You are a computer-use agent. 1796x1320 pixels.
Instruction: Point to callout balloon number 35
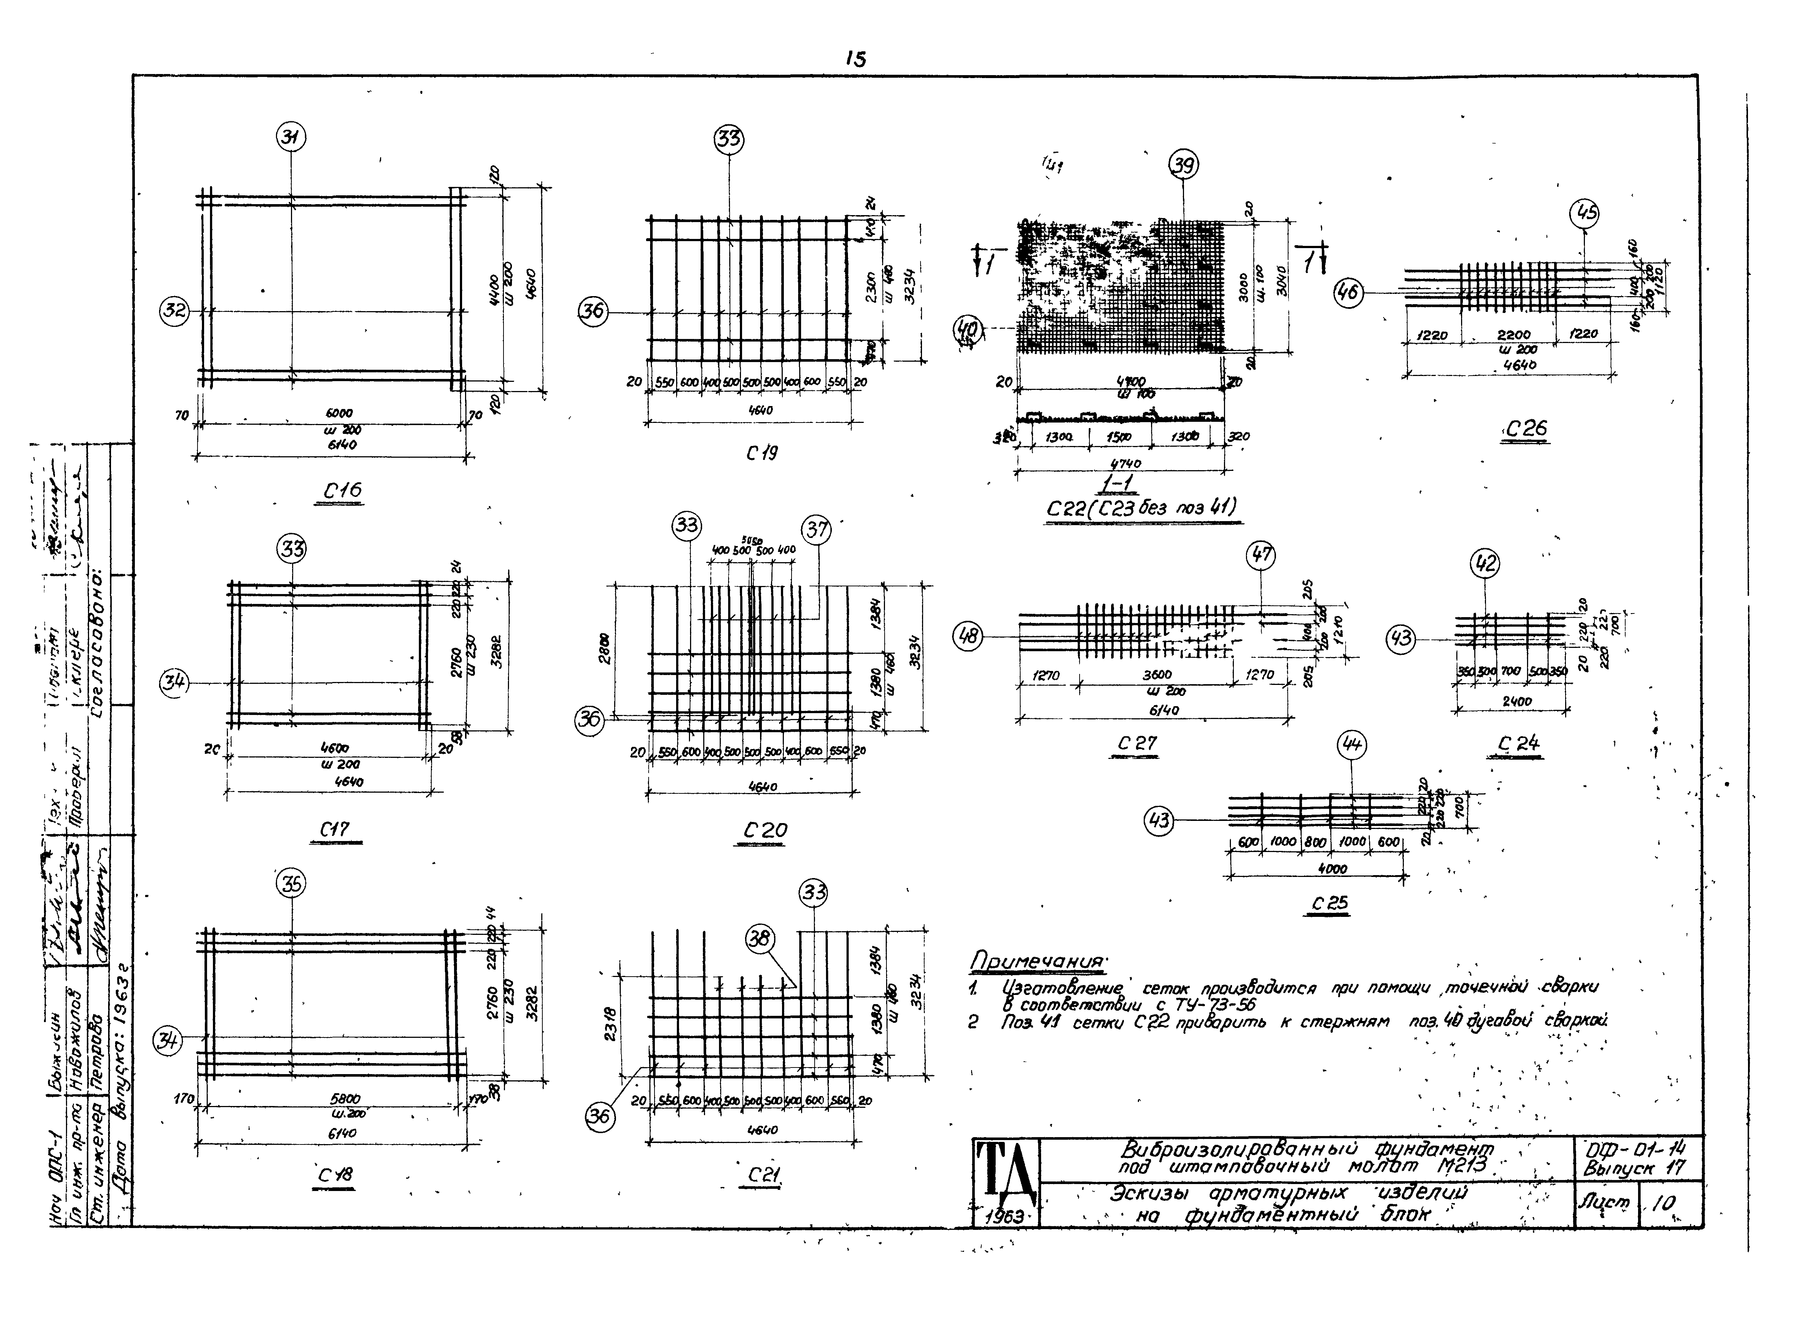point(292,884)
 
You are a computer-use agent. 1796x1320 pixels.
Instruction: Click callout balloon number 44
point(1352,745)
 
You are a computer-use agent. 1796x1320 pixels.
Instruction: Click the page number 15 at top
point(854,59)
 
